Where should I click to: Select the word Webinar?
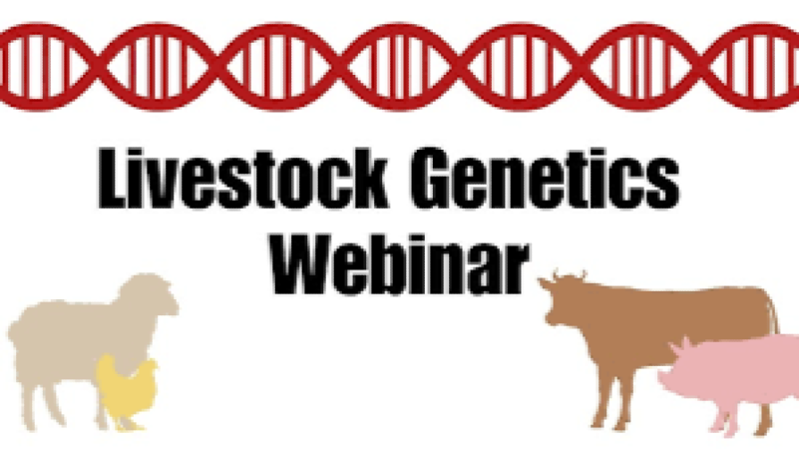point(399,261)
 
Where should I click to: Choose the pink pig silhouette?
point(733,374)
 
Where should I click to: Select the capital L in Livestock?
point(111,186)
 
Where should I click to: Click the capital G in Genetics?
point(428,186)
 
